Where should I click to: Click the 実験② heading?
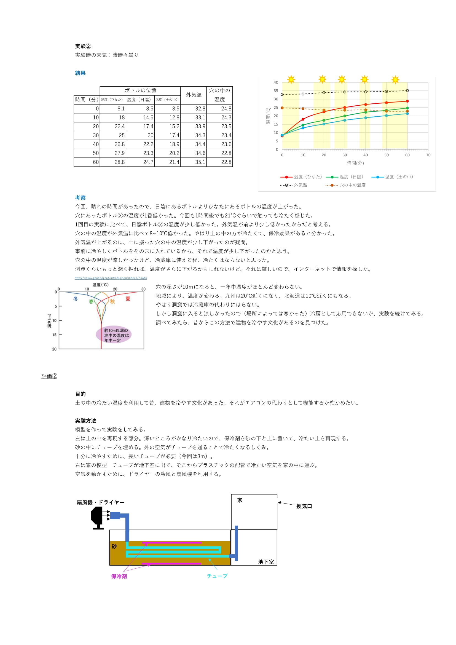coord(83,46)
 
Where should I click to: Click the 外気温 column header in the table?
coord(194,95)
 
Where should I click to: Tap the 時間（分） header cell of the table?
coord(87,100)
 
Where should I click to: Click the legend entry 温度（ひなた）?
coord(301,177)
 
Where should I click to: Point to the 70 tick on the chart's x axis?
coord(428,155)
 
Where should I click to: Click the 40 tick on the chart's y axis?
coord(276,82)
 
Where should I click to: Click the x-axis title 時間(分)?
coord(355,163)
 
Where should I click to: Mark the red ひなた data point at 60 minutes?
coord(407,101)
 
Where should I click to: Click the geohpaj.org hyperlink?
coord(111,278)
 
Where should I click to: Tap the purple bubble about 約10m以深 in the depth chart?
coord(114,335)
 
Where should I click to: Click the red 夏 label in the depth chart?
coord(128,299)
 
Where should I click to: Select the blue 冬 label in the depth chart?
coord(76,299)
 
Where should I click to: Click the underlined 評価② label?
coord(49,376)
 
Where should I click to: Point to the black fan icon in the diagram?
coord(97,517)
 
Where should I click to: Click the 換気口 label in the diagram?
coord(304,506)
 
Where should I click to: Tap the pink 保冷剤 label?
coord(119,576)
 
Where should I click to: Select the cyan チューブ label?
coord(217,576)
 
